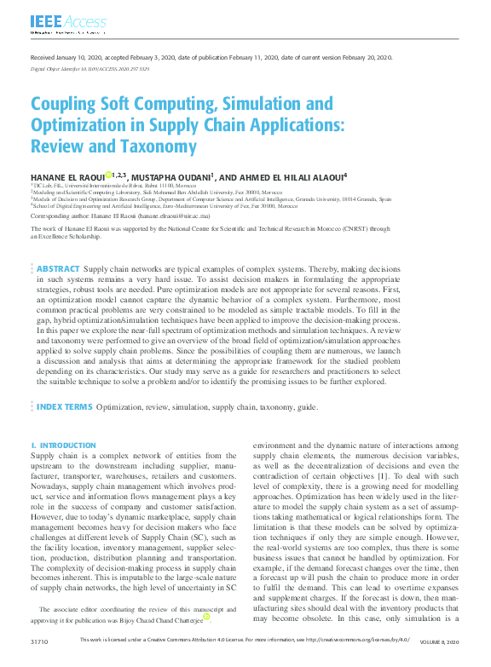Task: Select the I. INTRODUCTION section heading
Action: tap(64, 446)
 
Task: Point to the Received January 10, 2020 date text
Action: tap(67, 56)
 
